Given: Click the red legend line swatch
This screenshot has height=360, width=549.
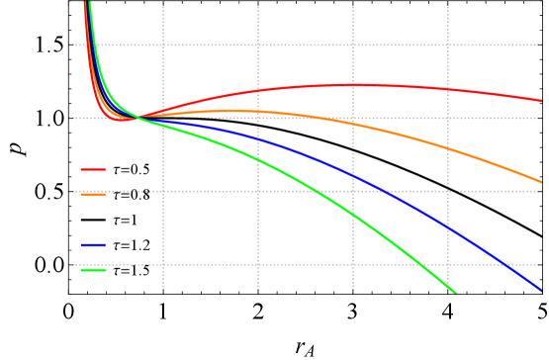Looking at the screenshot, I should tap(93, 169).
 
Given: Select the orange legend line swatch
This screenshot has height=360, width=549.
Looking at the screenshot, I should tap(93, 195).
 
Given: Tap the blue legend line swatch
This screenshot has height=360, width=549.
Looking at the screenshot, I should tap(93, 244).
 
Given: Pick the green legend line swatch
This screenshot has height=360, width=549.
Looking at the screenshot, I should tap(93, 270).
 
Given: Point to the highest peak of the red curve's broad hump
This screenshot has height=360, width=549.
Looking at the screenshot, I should tap(354, 85).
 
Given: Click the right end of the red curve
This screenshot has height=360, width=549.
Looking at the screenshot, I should tap(541, 100).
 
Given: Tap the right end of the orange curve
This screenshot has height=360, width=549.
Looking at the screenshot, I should tap(541, 182).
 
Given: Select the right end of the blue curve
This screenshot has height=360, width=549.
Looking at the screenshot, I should tap(541, 290).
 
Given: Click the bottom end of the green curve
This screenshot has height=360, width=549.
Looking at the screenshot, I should tap(456, 293).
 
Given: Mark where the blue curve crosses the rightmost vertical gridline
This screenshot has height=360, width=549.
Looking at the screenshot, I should tap(448, 228).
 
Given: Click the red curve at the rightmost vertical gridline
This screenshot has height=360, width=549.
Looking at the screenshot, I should tap(448, 89).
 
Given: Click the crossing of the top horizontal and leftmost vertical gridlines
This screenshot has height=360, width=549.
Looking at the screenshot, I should tap(163, 45).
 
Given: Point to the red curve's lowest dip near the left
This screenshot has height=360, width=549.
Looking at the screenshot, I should tap(121, 120).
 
